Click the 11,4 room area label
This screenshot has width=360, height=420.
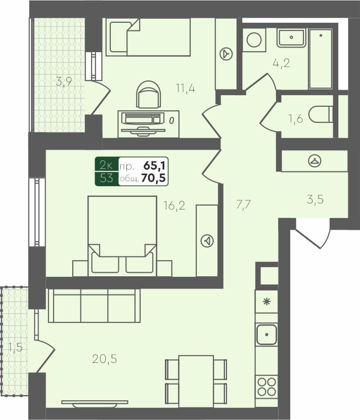(x=186, y=88)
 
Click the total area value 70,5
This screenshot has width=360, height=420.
(x=155, y=178)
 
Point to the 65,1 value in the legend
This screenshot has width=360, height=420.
(x=155, y=165)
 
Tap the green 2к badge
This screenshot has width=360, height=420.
(x=106, y=165)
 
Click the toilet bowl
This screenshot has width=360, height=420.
(x=320, y=114)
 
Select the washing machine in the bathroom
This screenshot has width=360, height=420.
(x=254, y=40)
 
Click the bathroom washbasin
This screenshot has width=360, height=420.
(x=291, y=37)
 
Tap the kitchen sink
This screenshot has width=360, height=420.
(x=266, y=334)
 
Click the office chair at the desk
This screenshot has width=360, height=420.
(x=149, y=95)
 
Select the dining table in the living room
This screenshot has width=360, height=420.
(x=196, y=381)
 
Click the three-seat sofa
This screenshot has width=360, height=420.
(x=94, y=306)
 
